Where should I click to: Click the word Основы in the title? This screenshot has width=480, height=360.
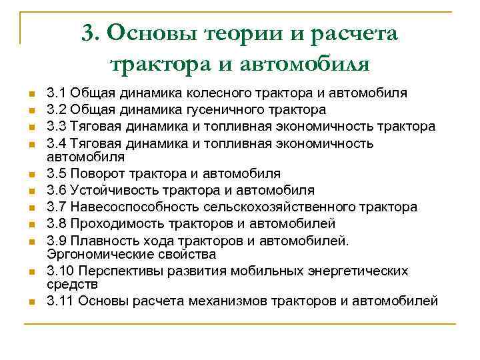point(143,32)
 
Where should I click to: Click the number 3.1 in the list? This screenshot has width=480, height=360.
point(56,93)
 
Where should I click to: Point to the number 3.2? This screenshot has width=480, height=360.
point(56,109)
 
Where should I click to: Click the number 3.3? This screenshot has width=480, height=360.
point(56,126)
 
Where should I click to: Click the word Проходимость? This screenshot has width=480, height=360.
point(114,223)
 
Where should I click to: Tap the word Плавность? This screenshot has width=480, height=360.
point(103,240)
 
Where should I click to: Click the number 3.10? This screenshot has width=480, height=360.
point(60,271)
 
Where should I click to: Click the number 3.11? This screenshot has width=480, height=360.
point(60,301)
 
